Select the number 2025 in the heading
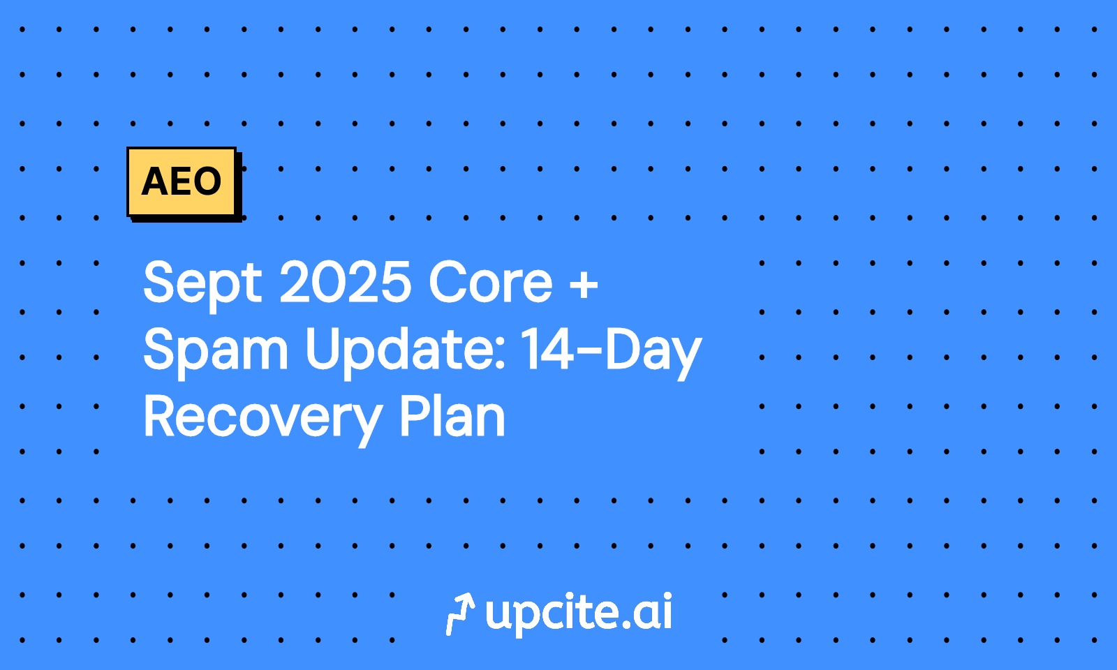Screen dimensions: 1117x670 point(345,282)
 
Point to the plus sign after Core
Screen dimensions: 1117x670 point(583,285)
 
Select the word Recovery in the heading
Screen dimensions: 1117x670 point(262,419)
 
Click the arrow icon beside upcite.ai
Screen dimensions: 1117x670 point(459,613)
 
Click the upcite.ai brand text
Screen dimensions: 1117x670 point(579,613)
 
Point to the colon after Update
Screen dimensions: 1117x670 point(500,355)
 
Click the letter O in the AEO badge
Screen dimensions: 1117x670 point(207,181)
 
